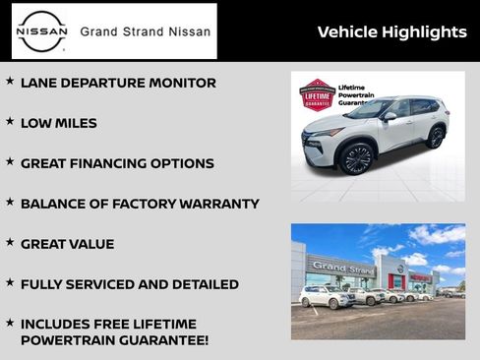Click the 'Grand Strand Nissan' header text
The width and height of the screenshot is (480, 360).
[x=145, y=31]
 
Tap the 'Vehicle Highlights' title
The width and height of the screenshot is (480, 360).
[x=391, y=32]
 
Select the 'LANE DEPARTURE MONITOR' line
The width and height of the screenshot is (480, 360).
[x=118, y=84]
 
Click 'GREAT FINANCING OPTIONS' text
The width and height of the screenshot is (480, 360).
[x=117, y=164]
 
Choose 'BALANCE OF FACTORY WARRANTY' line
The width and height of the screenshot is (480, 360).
[x=140, y=205]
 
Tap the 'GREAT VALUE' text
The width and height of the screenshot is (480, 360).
[x=67, y=245]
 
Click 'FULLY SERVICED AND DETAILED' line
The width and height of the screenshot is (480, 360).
[x=129, y=285]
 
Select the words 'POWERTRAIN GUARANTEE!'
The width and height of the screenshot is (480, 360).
[x=114, y=341]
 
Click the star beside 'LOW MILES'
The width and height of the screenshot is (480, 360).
[x=10, y=122]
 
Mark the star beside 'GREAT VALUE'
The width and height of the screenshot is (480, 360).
[x=10, y=242]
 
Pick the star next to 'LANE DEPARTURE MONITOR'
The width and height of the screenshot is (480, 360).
[x=10, y=82]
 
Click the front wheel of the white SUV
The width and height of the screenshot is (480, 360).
[x=355, y=159]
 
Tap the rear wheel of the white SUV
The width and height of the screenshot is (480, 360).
[x=435, y=138]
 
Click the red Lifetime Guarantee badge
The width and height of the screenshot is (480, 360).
[x=317, y=95]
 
